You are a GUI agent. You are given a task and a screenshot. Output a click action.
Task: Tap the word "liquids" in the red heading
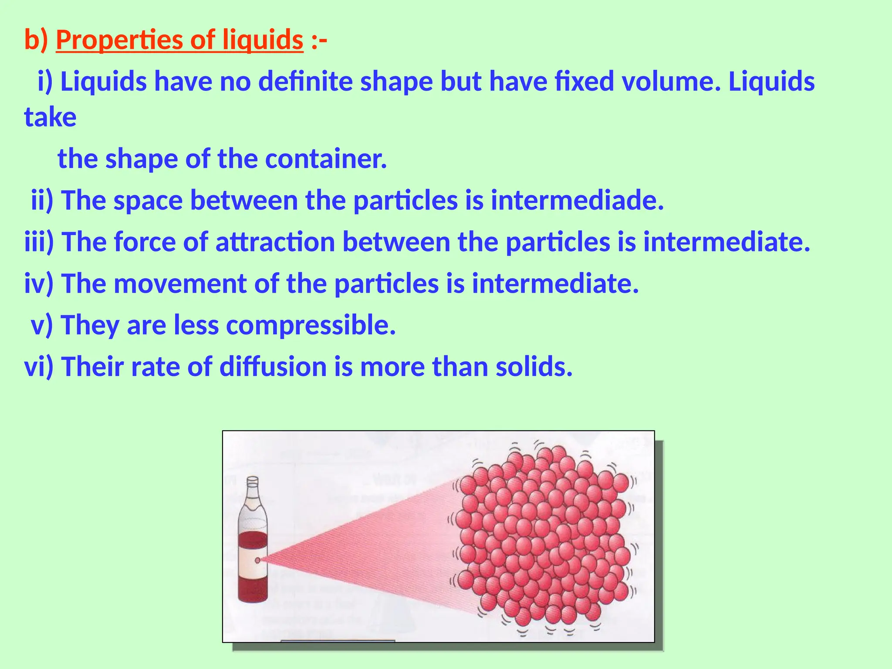pos(263,40)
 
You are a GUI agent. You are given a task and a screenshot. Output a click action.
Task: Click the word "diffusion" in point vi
pos(273,367)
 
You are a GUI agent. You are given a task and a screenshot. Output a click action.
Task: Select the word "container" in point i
pos(325,159)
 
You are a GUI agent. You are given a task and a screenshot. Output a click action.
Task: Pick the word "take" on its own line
pos(50,117)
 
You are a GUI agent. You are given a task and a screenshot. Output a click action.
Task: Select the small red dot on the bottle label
pos(257,560)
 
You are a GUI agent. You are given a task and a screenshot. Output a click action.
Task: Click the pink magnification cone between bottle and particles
pos(370,544)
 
